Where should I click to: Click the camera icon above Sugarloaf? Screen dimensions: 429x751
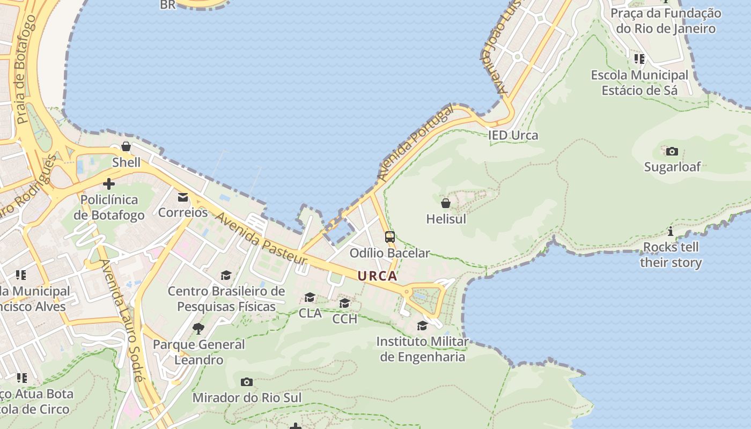tap(672, 151)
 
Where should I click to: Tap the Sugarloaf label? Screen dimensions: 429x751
tap(672, 167)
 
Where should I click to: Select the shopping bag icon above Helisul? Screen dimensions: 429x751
tap(445, 203)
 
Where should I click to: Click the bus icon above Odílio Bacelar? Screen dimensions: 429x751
tap(390, 236)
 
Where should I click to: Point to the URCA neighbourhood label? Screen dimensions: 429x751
tap(378, 276)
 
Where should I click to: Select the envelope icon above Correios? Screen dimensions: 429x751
tap(183, 197)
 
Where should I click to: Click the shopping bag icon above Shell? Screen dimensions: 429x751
tap(126, 146)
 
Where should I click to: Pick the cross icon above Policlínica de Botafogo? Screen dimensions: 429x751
tap(109, 184)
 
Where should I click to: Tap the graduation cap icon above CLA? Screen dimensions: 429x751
tap(310, 297)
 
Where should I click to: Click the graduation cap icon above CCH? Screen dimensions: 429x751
tap(344, 304)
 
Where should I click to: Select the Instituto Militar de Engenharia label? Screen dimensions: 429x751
tap(422, 349)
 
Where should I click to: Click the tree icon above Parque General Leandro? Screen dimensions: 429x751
tap(198, 328)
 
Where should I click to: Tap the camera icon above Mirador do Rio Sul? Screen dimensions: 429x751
tap(247, 382)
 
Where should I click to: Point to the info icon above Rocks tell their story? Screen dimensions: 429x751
tap(671, 232)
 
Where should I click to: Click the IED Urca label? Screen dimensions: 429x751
tap(513, 135)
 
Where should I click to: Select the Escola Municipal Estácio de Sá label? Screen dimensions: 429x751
tap(639, 83)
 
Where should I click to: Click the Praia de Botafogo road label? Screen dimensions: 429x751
tap(26, 70)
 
